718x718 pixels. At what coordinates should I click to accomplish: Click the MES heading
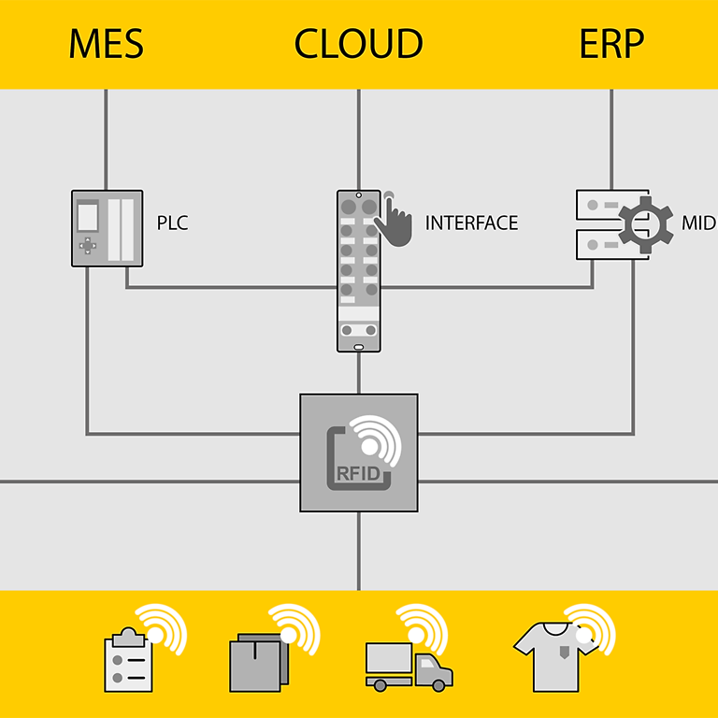click(x=107, y=44)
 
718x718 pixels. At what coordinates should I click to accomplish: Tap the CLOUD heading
click(x=358, y=44)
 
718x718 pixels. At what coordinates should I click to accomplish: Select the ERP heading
click(x=611, y=44)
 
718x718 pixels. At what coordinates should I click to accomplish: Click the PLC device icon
click(x=107, y=228)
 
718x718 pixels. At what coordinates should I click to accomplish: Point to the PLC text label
click(x=172, y=223)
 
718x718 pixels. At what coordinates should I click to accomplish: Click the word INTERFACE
click(x=471, y=223)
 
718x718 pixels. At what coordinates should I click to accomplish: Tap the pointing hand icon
click(x=394, y=221)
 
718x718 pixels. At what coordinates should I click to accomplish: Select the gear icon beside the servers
click(x=646, y=224)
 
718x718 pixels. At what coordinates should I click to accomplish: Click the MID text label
click(x=698, y=223)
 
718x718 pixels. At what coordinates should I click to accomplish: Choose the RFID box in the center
click(x=359, y=452)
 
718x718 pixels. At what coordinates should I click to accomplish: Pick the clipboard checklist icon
click(x=128, y=661)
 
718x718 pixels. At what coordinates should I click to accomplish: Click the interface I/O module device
click(x=359, y=271)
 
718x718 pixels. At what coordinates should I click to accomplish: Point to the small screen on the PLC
click(x=88, y=216)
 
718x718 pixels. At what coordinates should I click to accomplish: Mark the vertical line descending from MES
click(x=106, y=140)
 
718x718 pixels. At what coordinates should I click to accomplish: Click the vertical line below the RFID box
click(x=359, y=552)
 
